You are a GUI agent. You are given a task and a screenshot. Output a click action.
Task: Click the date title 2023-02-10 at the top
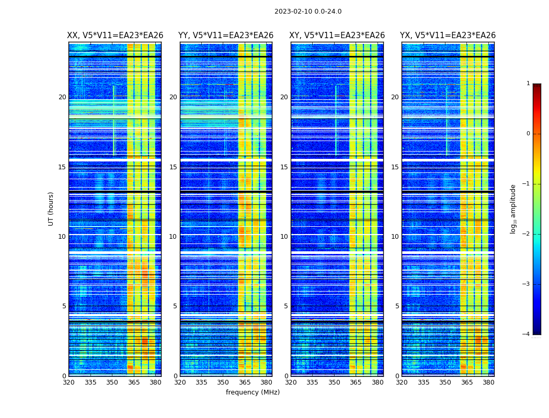pos(308,11)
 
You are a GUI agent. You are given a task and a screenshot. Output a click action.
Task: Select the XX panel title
pos(115,36)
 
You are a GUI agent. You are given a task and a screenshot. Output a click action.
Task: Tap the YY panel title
pos(226,36)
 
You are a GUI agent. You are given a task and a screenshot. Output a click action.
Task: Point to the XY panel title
pos(337,36)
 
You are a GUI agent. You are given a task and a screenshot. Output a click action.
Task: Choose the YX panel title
pos(448,36)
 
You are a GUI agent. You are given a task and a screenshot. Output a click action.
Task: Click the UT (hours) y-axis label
pos(51,208)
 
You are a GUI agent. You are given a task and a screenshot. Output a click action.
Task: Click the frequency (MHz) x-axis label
pos(253,392)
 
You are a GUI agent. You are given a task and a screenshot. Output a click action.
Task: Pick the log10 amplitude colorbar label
pos(513,208)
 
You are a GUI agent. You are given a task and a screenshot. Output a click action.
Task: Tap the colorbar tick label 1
pos(528,84)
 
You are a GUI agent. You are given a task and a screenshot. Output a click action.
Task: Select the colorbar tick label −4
pos(527,334)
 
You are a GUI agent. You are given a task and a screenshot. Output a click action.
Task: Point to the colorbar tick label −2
pos(527,234)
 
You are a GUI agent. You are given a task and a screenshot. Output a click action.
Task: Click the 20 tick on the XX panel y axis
pos(62,97)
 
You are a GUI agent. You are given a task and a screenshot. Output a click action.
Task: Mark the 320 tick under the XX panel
pos(68,382)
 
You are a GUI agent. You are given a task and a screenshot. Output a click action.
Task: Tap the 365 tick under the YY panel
pos(245,382)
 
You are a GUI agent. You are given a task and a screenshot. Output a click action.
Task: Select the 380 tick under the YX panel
pos(488,382)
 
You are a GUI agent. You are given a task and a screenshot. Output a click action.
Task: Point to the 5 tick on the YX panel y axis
pos(397,306)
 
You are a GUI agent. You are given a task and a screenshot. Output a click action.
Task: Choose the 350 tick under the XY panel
pos(334,382)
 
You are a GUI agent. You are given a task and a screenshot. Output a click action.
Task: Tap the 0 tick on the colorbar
pos(528,134)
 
